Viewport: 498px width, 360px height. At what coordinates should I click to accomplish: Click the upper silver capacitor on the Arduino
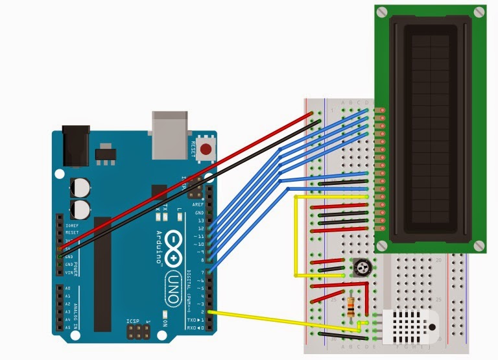click(81, 187)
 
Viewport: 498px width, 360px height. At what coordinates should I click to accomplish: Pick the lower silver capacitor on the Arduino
click(81, 209)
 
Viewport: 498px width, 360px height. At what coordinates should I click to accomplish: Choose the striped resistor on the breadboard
click(351, 306)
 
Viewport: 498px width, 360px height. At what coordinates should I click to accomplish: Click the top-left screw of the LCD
click(381, 11)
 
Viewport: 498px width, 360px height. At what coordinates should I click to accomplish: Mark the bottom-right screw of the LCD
click(479, 245)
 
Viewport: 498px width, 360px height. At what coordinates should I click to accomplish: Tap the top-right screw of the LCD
click(479, 11)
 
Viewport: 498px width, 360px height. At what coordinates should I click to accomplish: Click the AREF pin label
click(198, 204)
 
